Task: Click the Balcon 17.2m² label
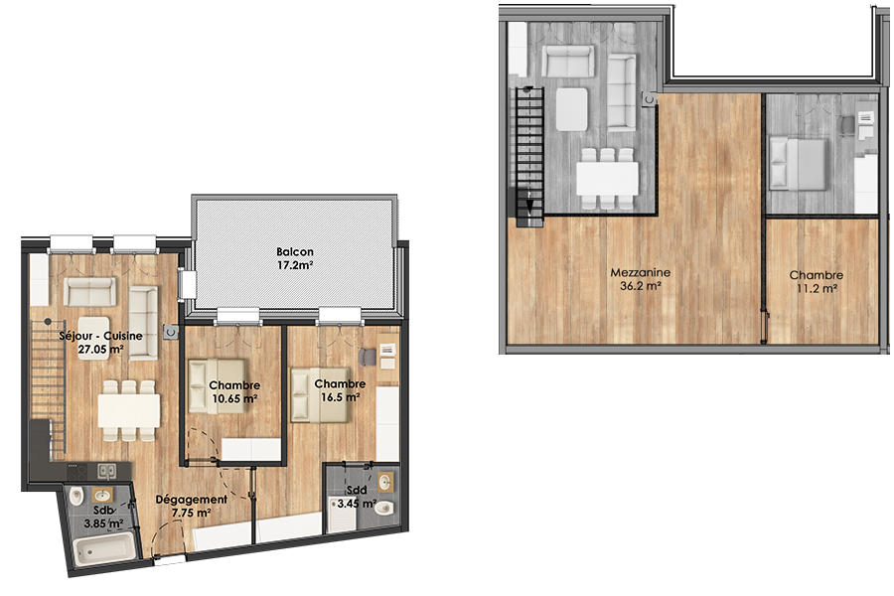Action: (295, 258)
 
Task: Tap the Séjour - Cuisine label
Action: (101, 342)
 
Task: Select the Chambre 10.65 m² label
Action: (234, 391)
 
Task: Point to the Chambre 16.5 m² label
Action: (340, 390)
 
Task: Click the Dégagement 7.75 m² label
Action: (192, 506)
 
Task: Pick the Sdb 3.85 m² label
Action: (103, 517)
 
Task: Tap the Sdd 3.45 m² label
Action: (357, 497)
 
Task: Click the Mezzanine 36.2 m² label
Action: (641, 279)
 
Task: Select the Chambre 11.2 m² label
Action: (817, 282)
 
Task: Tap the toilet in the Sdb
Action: (76, 496)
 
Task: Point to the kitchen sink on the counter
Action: (106, 471)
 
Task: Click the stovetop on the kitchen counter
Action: (76, 472)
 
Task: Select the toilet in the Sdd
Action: (384, 508)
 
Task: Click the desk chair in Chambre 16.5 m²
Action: (368, 357)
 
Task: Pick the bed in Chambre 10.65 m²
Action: (218, 385)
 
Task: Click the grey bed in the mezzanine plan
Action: (798, 164)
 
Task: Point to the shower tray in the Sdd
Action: (343, 514)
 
